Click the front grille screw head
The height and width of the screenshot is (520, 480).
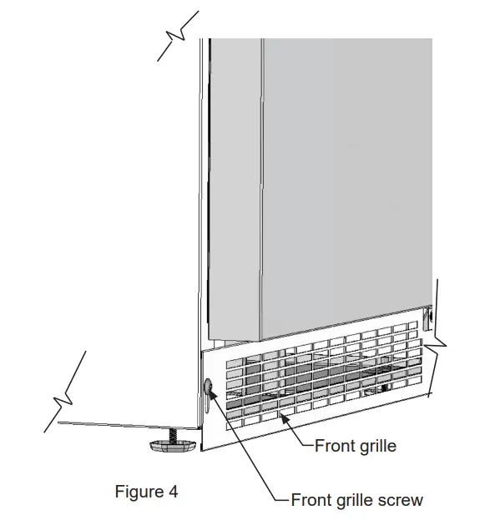pos(207,386)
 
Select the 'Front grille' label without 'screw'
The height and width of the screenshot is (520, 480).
pos(356,446)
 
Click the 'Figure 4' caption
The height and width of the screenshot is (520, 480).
pos(146,492)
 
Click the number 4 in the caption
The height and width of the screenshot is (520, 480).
pos(173,492)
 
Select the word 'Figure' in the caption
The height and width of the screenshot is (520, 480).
pos(139,492)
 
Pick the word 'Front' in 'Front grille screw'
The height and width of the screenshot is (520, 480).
pos(311,500)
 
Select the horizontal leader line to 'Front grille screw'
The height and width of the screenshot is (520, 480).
pos(282,500)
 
